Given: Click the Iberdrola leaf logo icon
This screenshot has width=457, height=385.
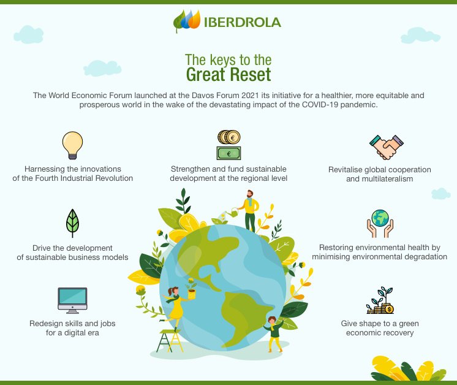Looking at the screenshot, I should pyautogui.click(x=186, y=21).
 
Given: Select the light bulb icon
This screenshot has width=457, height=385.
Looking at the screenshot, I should pyautogui.click(x=72, y=145).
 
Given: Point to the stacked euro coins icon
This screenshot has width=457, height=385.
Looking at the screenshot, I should pyautogui.click(x=228, y=137).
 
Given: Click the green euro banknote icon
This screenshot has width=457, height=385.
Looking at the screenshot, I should pyautogui.click(x=228, y=153).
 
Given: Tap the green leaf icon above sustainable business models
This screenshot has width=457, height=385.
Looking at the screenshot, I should pyautogui.click(x=72, y=223).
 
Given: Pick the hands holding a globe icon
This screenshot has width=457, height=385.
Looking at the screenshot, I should pyautogui.click(x=380, y=223).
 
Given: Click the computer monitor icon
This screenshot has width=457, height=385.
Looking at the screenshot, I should pyautogui.click(x=72, y=300).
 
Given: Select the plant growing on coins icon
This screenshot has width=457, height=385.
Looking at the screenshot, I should pyautogui.click(x=380, y=300).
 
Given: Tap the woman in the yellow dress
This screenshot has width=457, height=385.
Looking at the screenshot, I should pyautogui.click(x=175, y=304).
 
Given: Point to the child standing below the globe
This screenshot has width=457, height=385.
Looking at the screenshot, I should pyautogui.click(x=274, y=334).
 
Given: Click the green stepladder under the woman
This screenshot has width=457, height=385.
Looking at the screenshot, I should pyautogui.click(x=169, y=340).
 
